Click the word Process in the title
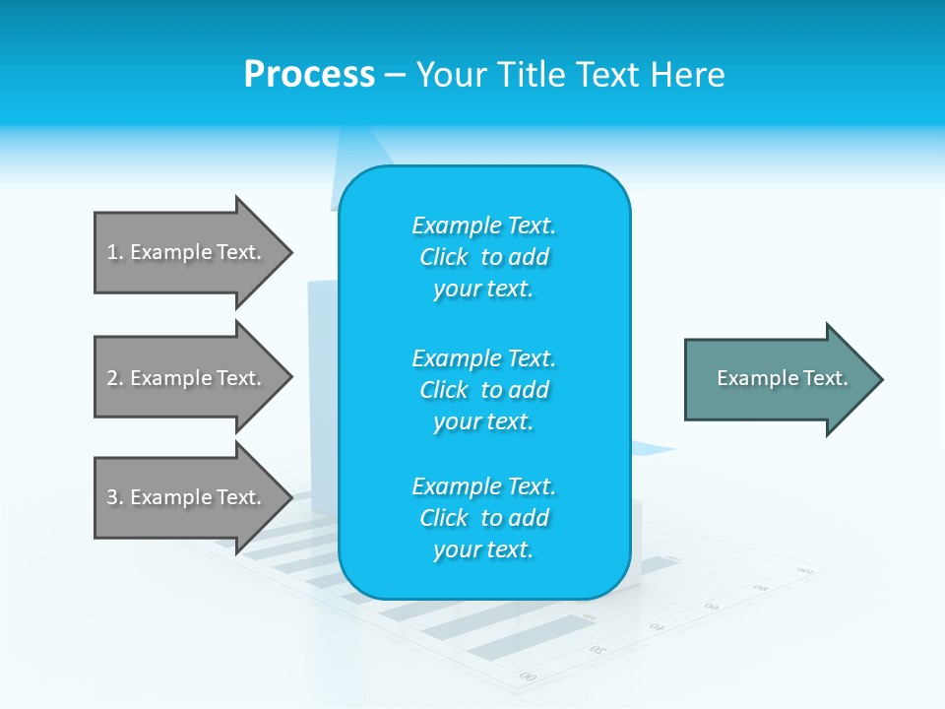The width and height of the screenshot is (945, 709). click(309, 75)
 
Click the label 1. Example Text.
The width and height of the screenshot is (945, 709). click(184, 252)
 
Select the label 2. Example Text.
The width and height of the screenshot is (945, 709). click(184, 378)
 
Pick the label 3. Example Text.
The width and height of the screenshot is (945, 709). click(184, 497)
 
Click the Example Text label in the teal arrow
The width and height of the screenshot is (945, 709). click(783, 378)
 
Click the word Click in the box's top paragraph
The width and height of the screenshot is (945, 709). click(444, 258)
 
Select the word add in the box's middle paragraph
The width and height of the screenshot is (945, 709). click(530, 390)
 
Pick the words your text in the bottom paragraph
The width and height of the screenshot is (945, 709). click(483, 550)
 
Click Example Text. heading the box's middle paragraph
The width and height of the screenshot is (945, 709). click(483, 357)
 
